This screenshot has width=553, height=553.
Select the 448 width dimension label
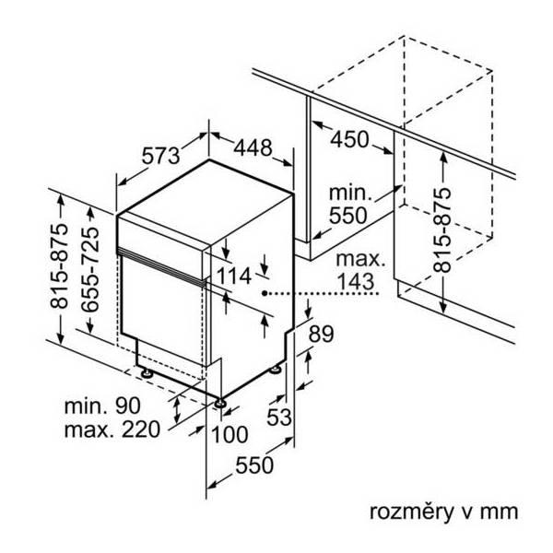coord(252,147)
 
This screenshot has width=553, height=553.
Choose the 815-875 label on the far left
coord(58,267)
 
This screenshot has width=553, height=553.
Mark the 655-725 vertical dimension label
coord(90,276)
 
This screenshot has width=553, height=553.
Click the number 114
coord(236,276)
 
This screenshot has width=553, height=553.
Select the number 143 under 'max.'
coord(358,282)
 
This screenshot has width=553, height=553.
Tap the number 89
coord(321,335)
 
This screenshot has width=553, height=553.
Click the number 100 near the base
coord(229,434)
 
